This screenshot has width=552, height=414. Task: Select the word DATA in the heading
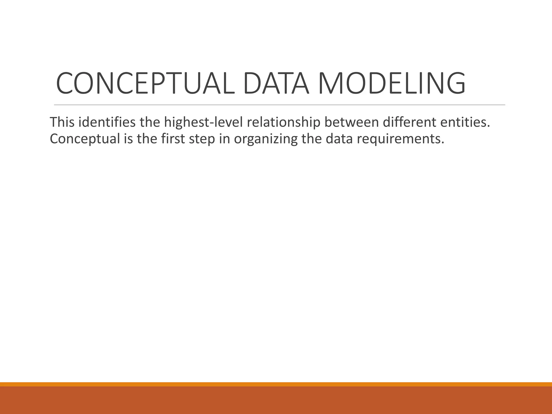coord(276,83)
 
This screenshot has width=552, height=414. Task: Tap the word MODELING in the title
coord(392,83)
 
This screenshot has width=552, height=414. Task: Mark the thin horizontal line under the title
coord(280,105)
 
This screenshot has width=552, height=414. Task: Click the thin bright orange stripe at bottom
coord(276,384)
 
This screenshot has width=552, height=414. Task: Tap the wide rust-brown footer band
coord(276,400)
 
